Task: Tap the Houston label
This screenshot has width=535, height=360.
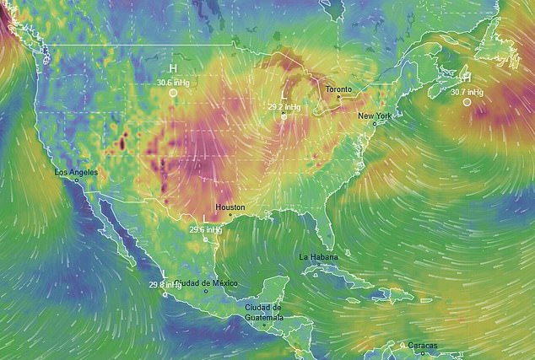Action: pyautogui.click(x=230, y=207)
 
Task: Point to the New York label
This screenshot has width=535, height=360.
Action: pyautogui.click(x=374, y=116)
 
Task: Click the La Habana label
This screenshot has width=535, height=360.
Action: pyautogui.click(x=318, y=255)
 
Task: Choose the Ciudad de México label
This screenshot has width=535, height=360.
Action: pyautogui.click(x=206, y=283)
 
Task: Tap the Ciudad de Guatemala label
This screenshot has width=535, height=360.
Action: pyautogui.click(x=263, y=312)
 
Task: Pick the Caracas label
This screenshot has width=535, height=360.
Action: pyautogui.click(x=411, y=345)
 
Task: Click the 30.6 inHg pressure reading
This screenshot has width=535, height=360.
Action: pyautogui.click(x=172, y=82)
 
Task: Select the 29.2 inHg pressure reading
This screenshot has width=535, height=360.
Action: pyautogui.click(x=284, y=107)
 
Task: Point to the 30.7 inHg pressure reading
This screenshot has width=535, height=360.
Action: pyautogui.click(x=467, y=91)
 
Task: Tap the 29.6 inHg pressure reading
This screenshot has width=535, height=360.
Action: pyautogui.click(x=205, y=228)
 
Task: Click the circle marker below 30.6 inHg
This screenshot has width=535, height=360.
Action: pyautogui.click(x=172, y=94)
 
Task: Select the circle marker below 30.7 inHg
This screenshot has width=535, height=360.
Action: pyautogui.click(x=467, y=102)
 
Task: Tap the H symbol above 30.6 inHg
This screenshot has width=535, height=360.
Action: pyautogui.click(x=172, y=69)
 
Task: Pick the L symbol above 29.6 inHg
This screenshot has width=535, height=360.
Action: pyautogui.click(x=205, y=218)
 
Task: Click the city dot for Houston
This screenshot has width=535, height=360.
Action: pyautogui.click(x=230, y=215)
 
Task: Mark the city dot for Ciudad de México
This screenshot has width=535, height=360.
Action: pyautogui.click(x=206, y=292)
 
